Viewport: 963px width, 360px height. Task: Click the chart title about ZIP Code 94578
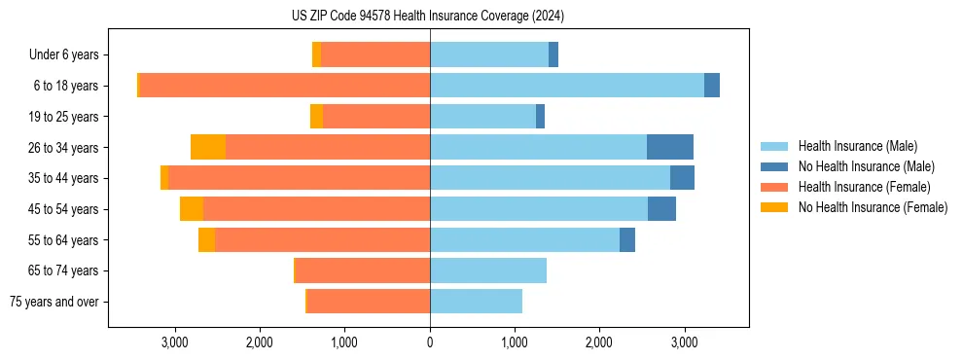[x=428, y=16]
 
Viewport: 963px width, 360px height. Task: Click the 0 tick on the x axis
[x=430, y=342]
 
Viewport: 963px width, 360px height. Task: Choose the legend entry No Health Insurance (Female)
[x=873, y=207]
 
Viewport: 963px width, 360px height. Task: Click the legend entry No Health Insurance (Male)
[x=866, y=166]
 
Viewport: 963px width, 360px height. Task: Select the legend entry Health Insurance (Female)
[x=864, y=187]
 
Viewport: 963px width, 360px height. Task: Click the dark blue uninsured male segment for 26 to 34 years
[x=670, y=147]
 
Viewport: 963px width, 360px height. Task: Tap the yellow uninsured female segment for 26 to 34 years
[x=208, y=147]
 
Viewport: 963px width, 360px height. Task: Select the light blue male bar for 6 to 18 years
[x=567, y=86]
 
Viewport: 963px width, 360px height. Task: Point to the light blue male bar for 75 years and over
[x=476, y=302]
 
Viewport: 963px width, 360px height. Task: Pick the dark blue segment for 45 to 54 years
[x=661, y=209]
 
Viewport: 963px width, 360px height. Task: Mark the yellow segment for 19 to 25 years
[x=316, y=117]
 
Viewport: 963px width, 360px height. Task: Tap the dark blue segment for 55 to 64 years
[x=627, y=239]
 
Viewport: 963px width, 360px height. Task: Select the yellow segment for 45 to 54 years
[x=192, y=209]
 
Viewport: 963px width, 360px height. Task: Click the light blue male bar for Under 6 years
[x=489, y=55]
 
